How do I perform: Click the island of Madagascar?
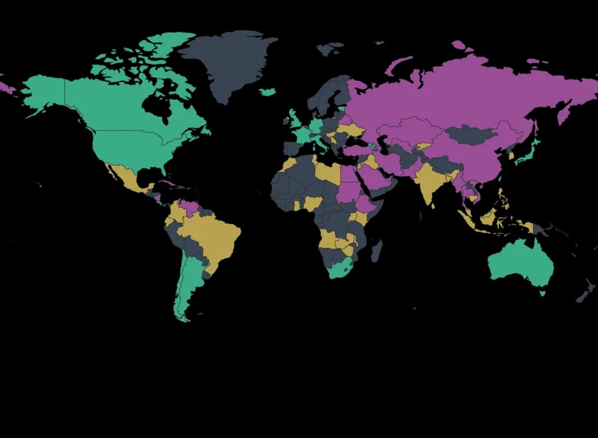(376, 250)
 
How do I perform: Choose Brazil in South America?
(213, 234)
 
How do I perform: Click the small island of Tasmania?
(543, 293)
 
